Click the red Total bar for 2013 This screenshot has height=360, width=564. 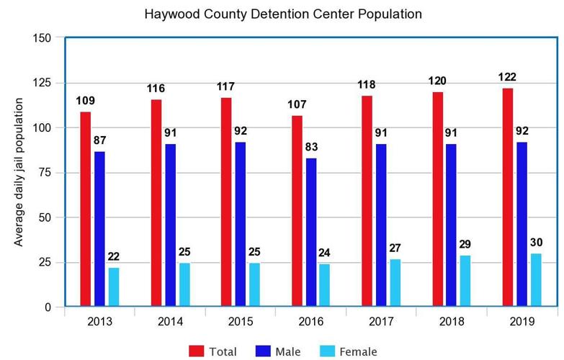click(x=86, y=209)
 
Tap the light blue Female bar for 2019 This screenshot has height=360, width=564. click(x=536, y=280)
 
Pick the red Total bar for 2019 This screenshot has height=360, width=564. click(x=508, y=197)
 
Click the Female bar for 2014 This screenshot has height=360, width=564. click(x=184, y=284)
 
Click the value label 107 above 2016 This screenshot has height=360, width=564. click(x=297, y=104)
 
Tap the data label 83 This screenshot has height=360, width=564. click(x=311, y=148)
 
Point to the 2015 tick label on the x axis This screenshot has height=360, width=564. click(x=241, y=323)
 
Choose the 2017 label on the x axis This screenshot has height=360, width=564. click(x=381, y=323)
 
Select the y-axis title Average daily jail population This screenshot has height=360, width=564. click(x=19, y=171)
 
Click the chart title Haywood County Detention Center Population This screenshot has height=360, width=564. click(x=282, y=14)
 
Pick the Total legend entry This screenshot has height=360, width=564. click(x=213, y=351)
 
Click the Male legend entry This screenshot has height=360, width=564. click(x=278, y=351)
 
